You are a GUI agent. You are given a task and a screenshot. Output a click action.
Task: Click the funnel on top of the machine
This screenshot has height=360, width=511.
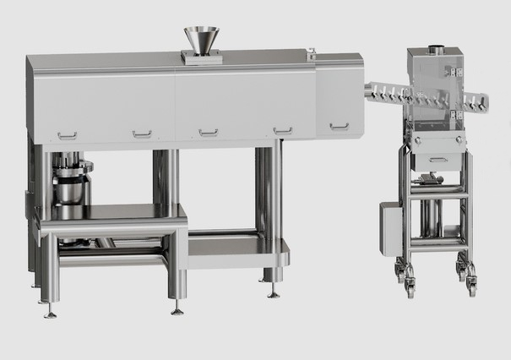[x=201, y=39]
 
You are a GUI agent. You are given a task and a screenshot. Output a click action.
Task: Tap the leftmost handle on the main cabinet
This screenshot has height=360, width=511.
[x=67, y=135]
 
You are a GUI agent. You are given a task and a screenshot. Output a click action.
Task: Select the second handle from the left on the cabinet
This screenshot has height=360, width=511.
[x=142, y=134]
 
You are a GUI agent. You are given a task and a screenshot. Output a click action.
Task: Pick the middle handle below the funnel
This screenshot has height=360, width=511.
[x=208, y=132]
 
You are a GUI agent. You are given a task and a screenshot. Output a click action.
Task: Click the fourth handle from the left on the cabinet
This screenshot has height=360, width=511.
[x=283, y=130]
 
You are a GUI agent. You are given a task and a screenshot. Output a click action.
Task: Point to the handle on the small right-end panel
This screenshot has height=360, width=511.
[x=339, y=127]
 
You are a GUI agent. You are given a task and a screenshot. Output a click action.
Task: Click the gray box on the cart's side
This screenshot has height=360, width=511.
[x=389, y=228]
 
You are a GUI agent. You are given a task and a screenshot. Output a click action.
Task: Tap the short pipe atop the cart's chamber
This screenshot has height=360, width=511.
[x=437, y=49]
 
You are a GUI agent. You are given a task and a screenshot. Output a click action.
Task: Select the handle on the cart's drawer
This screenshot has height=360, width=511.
[x=438, y=159]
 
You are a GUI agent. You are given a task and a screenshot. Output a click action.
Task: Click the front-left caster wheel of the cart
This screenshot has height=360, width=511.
[x=410, y=287]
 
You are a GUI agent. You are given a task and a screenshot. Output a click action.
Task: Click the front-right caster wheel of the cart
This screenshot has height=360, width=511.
[x=471, y=286]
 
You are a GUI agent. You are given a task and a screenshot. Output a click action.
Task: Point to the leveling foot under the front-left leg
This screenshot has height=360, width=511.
[x=51, y=313]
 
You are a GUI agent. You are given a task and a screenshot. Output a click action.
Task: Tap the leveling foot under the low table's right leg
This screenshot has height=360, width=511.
[x=177, y=309]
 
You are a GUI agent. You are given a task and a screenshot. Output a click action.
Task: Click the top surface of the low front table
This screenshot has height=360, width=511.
[x=110, y=211]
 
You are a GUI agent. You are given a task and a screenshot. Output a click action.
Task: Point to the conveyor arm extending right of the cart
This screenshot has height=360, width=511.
[x=477, y=103]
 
